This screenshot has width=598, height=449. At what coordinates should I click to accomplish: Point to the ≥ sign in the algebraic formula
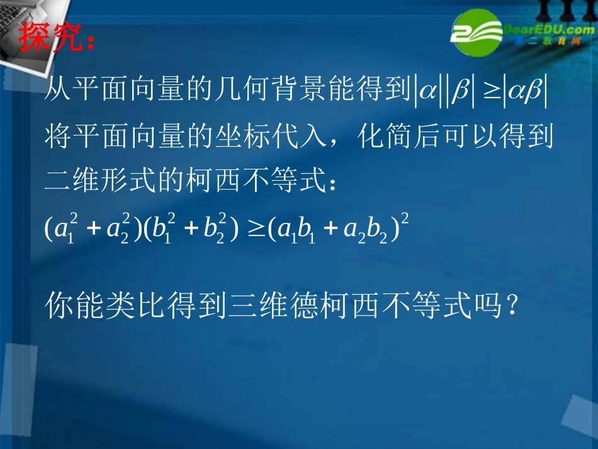coord(257,229)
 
